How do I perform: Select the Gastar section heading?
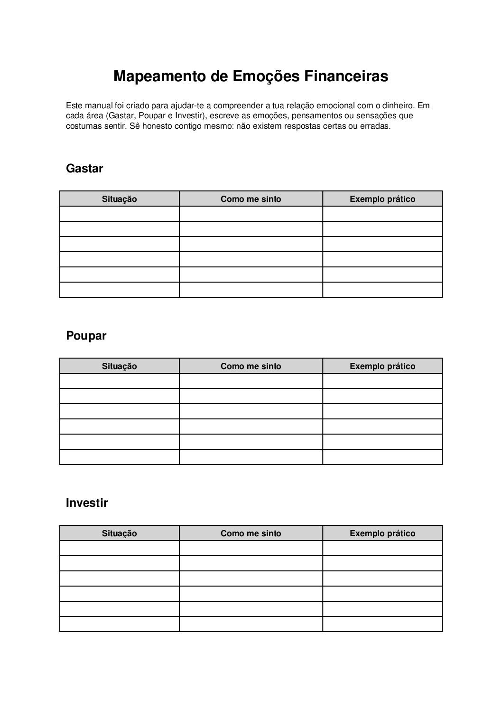pyautogui.click(x=84, y=169)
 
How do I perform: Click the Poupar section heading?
pyautogui.click(x=86, y=336)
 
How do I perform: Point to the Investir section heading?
pyautogui.click(x=87, y=503)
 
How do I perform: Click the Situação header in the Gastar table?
pyautogui.click(x=119, y=199)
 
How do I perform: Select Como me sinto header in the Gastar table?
pyautogui.click(x=251, y=199)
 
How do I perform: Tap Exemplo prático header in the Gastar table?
pyautogui.click(x=382, y=199)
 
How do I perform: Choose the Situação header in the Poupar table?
pyautogui.click(x=119, y=366)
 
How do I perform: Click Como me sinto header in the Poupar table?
pyautogui.click(x=251, y=366)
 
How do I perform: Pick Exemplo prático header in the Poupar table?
pyautogui.click(x=382, y=366)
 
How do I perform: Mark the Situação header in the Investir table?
pyautogui.click(x=119, y=533)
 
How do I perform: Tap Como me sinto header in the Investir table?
pyautogui.click(x=251, y=533)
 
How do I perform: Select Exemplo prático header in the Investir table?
pyautogui.click(x=382, y=533)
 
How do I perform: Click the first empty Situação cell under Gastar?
pyautogui.click(x=119, y=214)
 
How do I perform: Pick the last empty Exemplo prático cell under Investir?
pyautogui.click(x=382, y=624)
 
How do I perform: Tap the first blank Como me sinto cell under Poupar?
pyautogui.click(x=251, y=381)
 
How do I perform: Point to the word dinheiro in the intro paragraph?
pyautogui.click(x=398, y=105)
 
